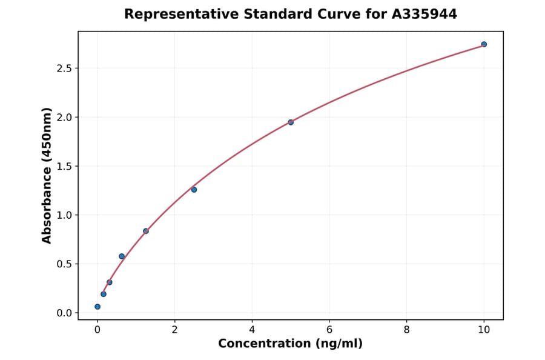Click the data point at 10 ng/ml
484,44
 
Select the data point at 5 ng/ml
291,122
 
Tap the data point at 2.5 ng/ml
194,190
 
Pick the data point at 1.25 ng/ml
146,231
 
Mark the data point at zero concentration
97,307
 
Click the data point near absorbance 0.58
122,256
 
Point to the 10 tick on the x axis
484,330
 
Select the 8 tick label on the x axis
406,330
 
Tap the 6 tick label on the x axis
329,330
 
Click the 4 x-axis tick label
252,330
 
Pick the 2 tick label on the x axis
174,330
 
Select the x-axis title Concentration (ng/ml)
290,344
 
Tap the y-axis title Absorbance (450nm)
47,176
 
